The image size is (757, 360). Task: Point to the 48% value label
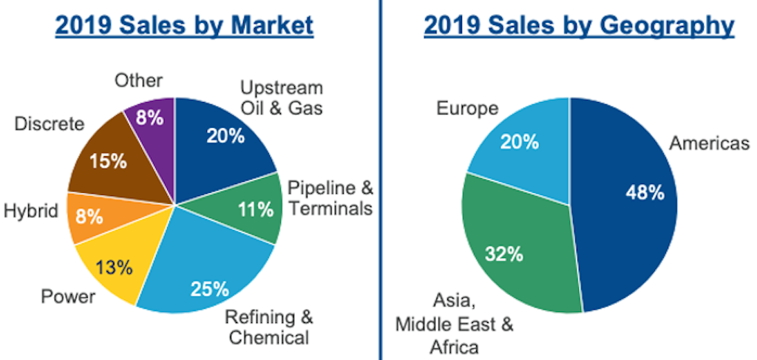tap(645, 193)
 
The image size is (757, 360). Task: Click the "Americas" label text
tap(709, 143)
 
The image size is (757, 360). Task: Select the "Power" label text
tap(69, 297)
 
